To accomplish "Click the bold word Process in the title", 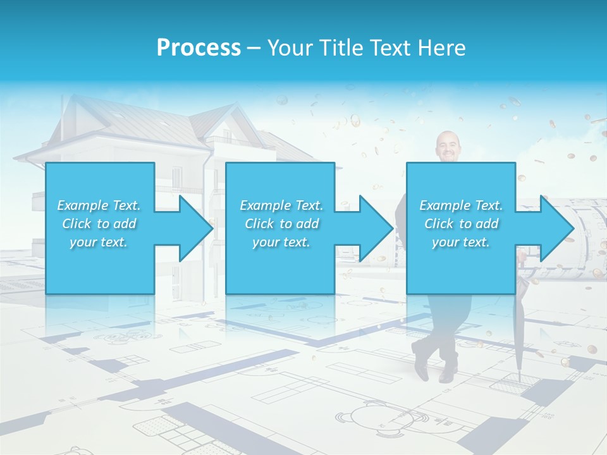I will coord(199,47).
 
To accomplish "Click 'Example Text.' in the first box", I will coord(99,205).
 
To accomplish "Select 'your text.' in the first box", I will coord(99,242).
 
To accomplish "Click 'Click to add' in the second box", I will coord(281,224).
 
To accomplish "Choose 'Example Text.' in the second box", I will coord(281,205).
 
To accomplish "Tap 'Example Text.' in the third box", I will coord(461,205).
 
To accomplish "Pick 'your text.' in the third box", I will coord(461,242).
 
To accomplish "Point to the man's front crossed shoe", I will coord(421,365).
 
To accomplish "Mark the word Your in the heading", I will coord(290,47).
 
